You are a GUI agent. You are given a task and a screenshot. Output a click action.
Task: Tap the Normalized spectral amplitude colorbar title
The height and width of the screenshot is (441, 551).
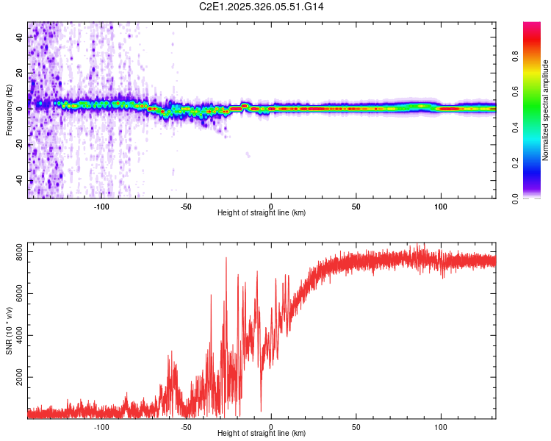546,110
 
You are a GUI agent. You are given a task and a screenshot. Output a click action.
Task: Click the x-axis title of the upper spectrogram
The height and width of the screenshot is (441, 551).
262,213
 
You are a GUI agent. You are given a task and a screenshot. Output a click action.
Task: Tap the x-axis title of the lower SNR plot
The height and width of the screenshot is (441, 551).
262,434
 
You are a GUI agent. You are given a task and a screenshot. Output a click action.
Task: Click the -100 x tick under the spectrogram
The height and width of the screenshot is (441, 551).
101,206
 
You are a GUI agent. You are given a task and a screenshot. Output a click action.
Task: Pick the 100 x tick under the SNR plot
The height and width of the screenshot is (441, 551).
442,426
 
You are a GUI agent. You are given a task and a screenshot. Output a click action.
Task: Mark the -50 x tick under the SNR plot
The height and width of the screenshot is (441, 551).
186,426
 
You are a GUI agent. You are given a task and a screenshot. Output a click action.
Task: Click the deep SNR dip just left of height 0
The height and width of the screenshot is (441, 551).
261,410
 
